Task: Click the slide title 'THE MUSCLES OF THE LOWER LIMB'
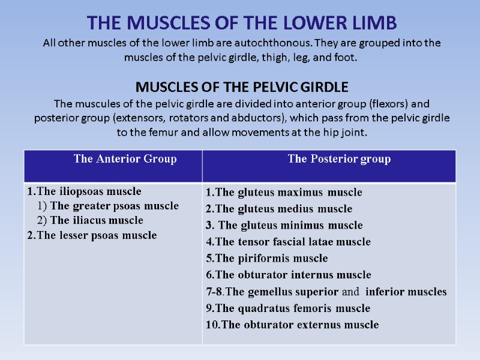coord(242,23)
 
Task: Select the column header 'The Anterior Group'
coord(125,159)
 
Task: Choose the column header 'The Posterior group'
coord(339,159)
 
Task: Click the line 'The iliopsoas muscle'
coord(84,191)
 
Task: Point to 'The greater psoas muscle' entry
coord(108,206)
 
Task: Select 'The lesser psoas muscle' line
coord(91,235)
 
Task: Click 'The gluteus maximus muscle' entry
coord(284,193)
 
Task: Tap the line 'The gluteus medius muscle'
coord(279,209)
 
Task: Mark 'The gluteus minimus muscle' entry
coord(284,226)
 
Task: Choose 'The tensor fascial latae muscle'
coord(288,242)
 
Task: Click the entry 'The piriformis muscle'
coord(266,259)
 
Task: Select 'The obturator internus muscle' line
coord(288,275)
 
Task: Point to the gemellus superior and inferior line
coord(326,292)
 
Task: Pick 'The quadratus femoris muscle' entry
coord(287,308)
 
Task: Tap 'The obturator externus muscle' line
coord(292,325)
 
